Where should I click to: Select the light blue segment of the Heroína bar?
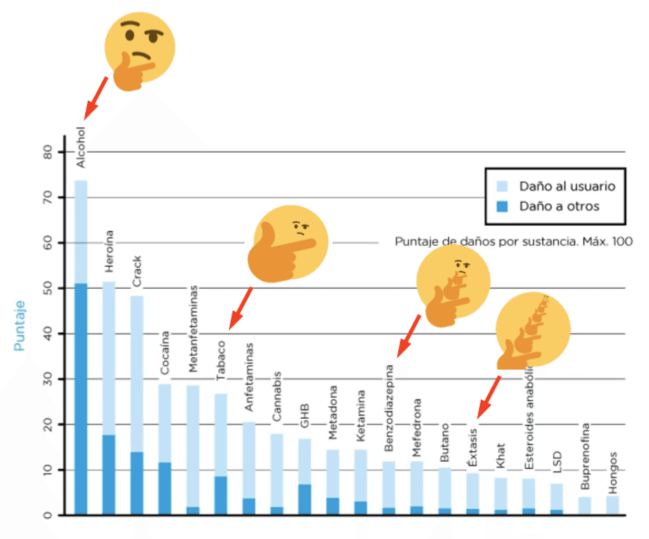pos(109,358)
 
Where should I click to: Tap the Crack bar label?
pos(137,272)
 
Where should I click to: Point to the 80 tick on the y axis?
pos(48,152)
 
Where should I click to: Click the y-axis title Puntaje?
pos(19,326)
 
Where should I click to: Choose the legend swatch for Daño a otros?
pos(503,206)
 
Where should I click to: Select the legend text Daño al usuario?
pos(567,186)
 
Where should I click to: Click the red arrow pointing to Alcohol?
pos(96,98)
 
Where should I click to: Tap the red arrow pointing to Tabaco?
pos(241,308)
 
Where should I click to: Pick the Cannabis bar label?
pos(276,397)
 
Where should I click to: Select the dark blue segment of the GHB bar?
pos(305,499)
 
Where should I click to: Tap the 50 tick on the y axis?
pos(48,288)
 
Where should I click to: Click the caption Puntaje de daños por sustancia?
pos(513,241)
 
